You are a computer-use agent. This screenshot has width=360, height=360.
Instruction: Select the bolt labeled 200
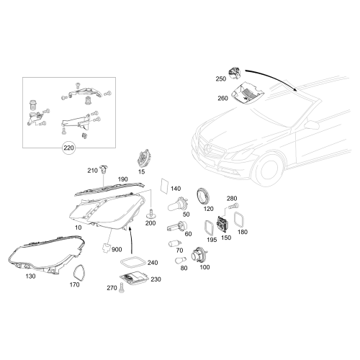152,213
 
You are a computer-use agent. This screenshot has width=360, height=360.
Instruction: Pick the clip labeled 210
105,171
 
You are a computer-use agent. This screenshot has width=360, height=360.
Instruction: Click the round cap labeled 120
204,195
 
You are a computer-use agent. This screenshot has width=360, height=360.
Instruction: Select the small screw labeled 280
231,207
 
